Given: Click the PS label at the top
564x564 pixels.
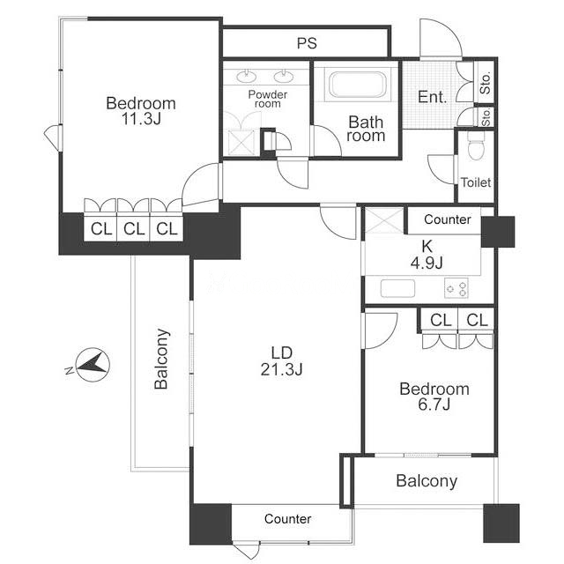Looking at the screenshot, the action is pos(307,43).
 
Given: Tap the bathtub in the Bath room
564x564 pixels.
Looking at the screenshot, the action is pos(357,85).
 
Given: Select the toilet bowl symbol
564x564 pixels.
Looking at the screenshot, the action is pos(476,145).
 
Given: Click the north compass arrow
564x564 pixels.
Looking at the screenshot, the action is pos(93,364).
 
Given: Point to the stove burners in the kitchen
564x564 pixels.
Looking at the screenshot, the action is pos(456,288).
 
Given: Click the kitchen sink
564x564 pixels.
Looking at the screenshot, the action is pos(397,288).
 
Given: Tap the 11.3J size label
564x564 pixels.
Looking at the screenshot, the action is pos(141,119).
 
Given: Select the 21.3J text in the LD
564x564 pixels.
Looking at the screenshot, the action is pos(282,369).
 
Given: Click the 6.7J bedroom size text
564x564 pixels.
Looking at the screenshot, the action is pos(434,404).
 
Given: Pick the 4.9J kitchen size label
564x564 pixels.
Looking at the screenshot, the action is pos(427,263).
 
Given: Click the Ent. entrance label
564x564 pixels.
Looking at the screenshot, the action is pos(433,97).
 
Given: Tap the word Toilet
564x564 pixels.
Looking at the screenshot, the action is pos(476,182).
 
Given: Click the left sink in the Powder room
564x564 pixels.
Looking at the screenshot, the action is pos(247,77).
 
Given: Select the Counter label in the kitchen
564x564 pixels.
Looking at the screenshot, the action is pos(448,219).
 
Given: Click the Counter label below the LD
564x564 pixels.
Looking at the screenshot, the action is pos(288,519).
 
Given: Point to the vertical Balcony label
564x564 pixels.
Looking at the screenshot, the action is pos(161,359).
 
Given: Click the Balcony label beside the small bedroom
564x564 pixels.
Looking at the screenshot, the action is pos(427,481).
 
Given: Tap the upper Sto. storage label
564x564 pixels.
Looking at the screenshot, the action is pos(486,84).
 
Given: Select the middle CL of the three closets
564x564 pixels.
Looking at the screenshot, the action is pos(134,229).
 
